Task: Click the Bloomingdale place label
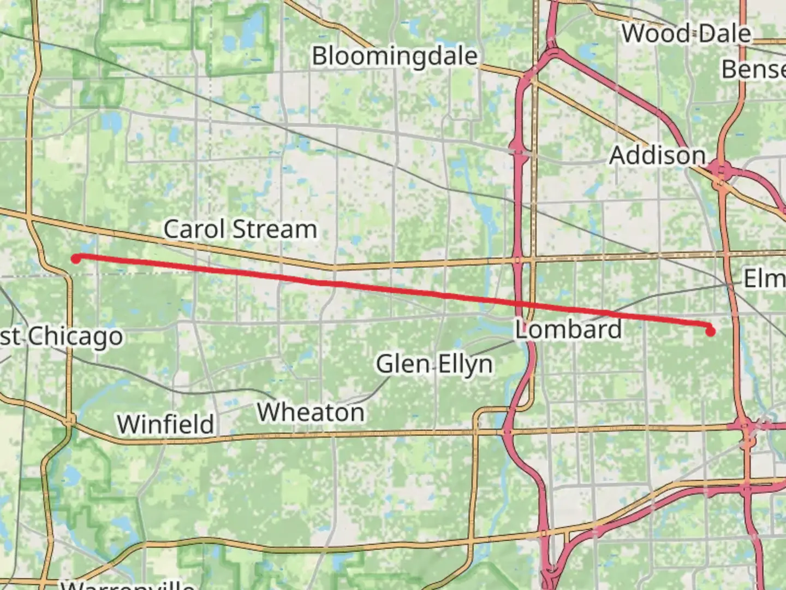(x=394, y=56)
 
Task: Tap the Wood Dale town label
(x=686, y=33)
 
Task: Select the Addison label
(x=657, y=155)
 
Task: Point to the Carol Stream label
(x=240, y=229)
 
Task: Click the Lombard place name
(x=568, y=329)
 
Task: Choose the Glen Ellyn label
(x=434, y=364)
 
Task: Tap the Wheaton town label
(x=311, y=412)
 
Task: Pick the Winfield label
(x=165, y=424)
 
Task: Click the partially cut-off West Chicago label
(x=61, y=337)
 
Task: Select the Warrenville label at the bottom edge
(x=128, y=585)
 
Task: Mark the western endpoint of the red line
(x=76, y=258)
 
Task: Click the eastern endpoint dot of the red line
(x=710, y=331)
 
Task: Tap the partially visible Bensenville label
(x=753, y=69)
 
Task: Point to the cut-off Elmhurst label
(x=764, y=279)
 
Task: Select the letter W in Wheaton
(x=268, y=412)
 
